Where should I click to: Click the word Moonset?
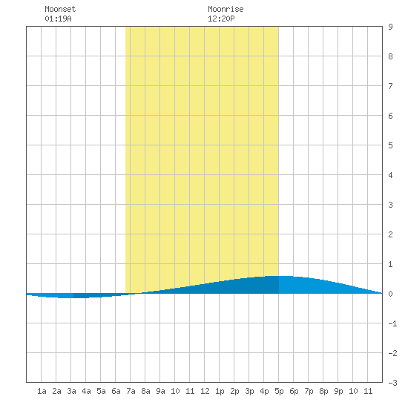tap(60, 9)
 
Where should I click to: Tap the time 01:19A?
tap(58, 19)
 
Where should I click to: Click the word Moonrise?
tap(226, 9)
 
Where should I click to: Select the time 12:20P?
tap(221, 19)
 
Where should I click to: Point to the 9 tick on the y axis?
tap(390, 27)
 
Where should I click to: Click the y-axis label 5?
tap(390, 145)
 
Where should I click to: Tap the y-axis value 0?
tap(390, 294)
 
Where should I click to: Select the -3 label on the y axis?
tap(392, 383)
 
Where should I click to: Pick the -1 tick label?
tap(392, 323)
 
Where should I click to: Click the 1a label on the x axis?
tap(42, 391)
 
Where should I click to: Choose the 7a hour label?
tap(131, 391)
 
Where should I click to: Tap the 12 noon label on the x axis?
tap(205, 391)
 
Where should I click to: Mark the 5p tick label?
tap(279, 391)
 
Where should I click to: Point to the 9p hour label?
tap(338, 391)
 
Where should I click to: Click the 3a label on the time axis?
tap(71, 391)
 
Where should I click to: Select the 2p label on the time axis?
tap(234, 391)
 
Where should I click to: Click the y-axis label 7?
tap(390, 86)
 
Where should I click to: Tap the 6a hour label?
tap(116, 391)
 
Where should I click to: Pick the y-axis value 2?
tap(390, 234)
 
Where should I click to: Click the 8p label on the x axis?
tap(323, 391)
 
